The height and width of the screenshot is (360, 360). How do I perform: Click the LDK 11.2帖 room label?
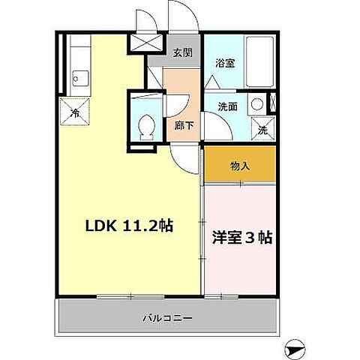(129, 225)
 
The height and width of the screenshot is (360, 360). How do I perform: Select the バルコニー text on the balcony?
(167, 318)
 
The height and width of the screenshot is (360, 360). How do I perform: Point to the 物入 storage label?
(239, 166)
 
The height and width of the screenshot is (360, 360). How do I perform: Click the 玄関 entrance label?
(182, 53)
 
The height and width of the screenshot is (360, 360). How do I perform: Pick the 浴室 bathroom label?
(226, 64)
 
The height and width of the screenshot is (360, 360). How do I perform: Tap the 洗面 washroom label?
(228, 106)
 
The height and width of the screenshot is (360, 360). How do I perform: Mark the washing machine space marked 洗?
(262, 129)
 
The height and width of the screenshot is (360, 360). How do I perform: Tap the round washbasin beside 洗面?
(256, 103)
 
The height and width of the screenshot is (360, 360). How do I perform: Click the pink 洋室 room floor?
(240, 262)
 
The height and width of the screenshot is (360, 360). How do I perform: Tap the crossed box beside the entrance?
(139, 43)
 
